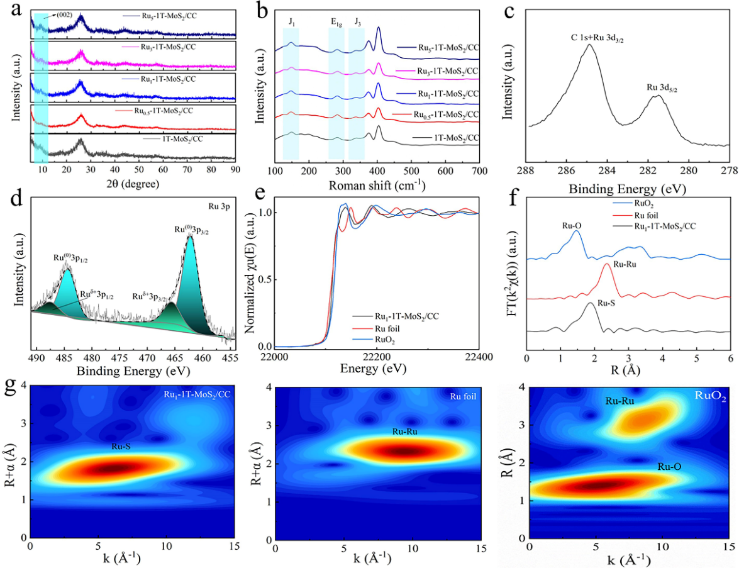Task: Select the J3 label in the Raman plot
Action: pyautogui.click(x=357, y=23)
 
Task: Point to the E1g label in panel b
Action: pyautogui.click(x=337, y=23)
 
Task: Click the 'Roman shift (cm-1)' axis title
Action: pyautogui.click(x=376, y=186)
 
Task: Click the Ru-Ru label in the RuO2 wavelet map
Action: pyautogui.click(x=618, y=401)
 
